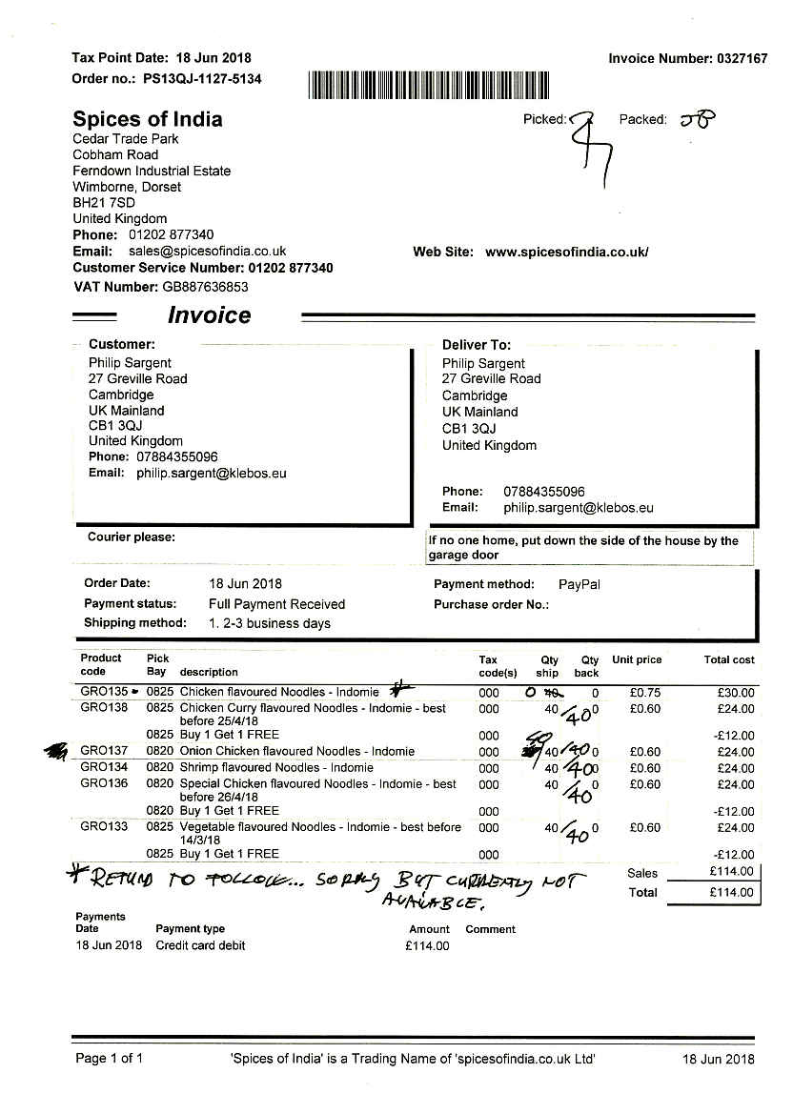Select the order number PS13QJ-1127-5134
click(x=202, y=79)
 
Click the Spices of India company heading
click(x=148, y=119)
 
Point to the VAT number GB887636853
click(x=205, y=286)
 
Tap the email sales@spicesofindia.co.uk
click(x=207, y=252)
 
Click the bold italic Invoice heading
click(x=209, y=315)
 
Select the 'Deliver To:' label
click(x=477, y=345)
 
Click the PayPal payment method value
click(x=579, y=584)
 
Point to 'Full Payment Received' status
click(x=276, y=604)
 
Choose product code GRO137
click(x=104, y=751)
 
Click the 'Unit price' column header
click(x=637, y=659)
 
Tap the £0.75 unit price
click(x=645, y=693)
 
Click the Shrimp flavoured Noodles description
click(x=276, y=767)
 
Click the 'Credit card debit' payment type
click(x=200, y=945)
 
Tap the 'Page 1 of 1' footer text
click(x=110, y=1059)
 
